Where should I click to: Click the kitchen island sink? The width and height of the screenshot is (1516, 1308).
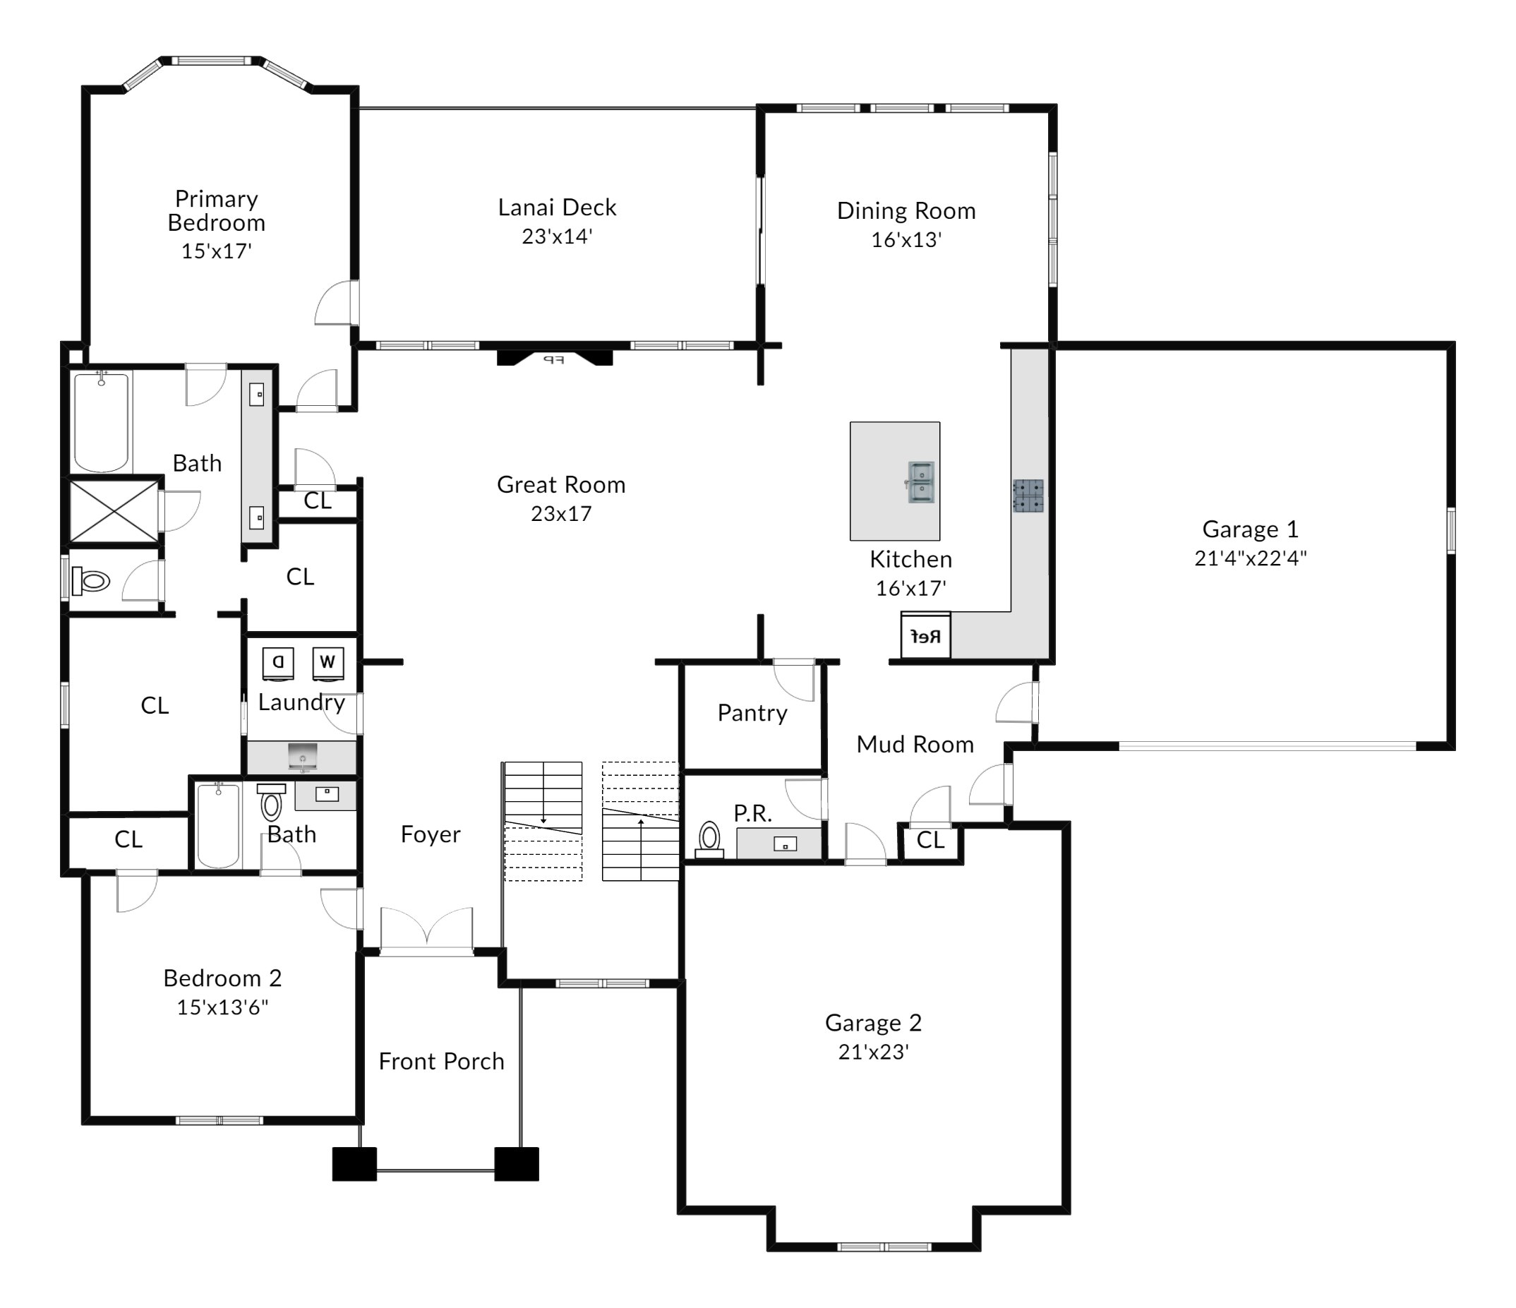[920, 482]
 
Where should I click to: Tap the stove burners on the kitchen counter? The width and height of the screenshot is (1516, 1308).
[1028, 495]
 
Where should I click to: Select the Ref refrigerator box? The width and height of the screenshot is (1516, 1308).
[925, 635]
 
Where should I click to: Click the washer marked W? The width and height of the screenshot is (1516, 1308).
[327, 662]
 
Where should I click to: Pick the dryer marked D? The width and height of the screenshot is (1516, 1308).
[278, 662]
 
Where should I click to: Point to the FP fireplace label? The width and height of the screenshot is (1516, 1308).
[554, 359]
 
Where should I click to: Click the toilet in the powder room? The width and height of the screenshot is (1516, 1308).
[709, 839]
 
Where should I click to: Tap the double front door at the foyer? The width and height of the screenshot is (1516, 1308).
[426, 931]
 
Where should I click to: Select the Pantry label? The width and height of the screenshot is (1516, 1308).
[752, 713]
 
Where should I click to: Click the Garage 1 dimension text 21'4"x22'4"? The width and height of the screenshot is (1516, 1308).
[1251, 558]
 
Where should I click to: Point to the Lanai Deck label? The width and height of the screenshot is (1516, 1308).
[557, 207]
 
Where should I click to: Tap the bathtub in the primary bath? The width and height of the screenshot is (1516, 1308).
[102, 421]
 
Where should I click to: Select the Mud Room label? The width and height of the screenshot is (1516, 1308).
[915, 745]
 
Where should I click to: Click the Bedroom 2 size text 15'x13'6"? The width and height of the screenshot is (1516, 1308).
[222, 1007]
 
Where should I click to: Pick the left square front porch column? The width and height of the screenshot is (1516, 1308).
[355, 1164]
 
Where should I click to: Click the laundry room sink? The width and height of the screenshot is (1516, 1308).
[302, 756]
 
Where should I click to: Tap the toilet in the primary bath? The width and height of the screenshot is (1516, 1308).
[92, 582]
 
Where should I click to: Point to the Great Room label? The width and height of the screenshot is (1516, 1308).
[561, 484]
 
